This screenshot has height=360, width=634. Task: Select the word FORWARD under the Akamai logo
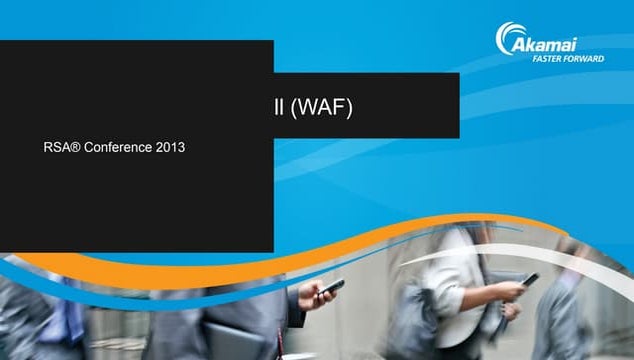point(586,58)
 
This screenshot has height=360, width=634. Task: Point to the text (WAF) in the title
point(322,107)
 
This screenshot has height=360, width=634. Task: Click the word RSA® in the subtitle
point(59,147)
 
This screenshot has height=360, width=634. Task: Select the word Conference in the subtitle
point(118,147)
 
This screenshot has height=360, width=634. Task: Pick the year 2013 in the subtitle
point(170,147)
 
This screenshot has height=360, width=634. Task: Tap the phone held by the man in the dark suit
point(333,287)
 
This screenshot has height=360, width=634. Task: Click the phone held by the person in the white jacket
point(529,280)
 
